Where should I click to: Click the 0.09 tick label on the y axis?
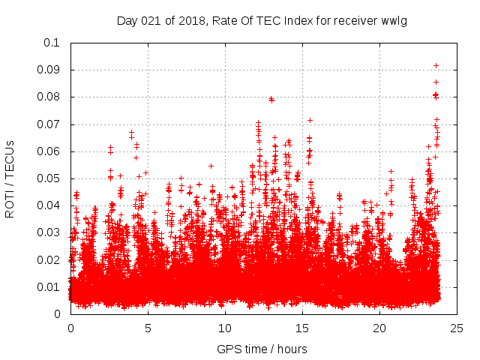tap(50, 70)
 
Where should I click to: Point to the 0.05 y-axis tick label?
tap(50, 178)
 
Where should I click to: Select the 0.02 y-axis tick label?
tap(50, 259)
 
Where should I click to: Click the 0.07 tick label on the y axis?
tap(50, 124)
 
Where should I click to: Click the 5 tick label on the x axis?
tap(148, 328)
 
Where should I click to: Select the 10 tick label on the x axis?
tap(224, 328)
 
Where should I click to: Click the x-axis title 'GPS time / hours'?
tap(263, 349)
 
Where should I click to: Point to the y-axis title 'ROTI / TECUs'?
tap(10, 178)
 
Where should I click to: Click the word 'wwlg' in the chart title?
tap(394, 20)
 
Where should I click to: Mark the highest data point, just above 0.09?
tap(436, 66)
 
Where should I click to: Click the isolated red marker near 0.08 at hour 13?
tap(271, 99)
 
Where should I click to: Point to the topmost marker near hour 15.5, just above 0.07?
tap(309, 120)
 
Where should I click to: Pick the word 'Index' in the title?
tap(295, 20)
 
